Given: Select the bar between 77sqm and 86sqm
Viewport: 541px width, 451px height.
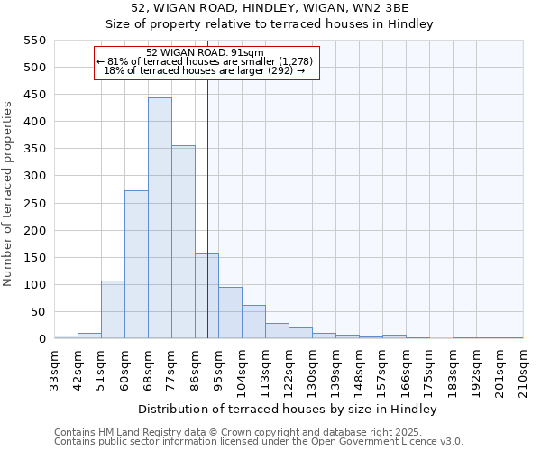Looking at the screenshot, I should click(x=183, y=242).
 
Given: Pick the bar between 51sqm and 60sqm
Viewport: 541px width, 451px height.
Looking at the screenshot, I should click(x=113, y=309).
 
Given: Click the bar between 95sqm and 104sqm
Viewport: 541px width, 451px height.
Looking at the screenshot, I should click(x=230, y=313).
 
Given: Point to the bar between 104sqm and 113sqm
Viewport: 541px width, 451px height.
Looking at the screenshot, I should click(x=253, y=322).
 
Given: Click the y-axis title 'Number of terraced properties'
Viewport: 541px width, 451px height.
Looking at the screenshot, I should click(x=8, y=194).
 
